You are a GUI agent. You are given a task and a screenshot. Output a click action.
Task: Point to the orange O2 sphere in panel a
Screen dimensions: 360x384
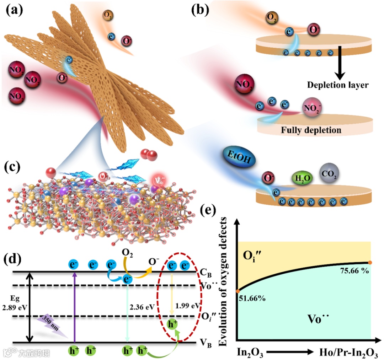tap(107, 15)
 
